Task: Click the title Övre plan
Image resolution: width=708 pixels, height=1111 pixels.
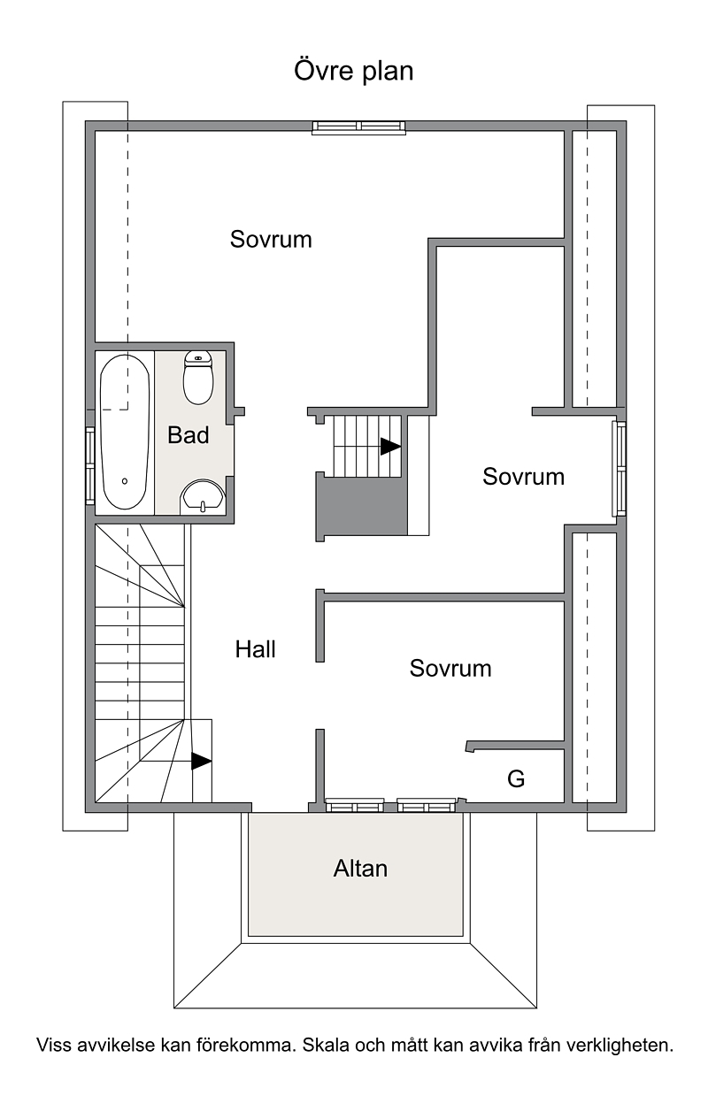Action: coord(353,72)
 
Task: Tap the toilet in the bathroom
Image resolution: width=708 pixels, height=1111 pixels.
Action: coord(198,378)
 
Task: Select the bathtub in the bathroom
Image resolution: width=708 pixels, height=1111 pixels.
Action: coord(125,432)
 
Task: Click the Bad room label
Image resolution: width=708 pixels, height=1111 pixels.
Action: coord(189,435)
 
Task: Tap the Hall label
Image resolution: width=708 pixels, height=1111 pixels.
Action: coord(255,649)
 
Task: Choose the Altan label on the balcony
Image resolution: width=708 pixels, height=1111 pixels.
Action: coord(360,869)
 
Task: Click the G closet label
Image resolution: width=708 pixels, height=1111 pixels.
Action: coord(516,779)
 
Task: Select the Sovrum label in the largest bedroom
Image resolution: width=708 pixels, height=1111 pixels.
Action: coord(271,239)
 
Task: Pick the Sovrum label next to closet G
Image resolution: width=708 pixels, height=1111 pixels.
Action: coord(450,668)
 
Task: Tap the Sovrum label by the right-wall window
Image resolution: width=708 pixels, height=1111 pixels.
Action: coord(523,477)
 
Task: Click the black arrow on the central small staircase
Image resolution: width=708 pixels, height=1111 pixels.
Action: coord(390,447)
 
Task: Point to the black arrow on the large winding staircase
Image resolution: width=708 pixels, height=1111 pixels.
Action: coord(202,761)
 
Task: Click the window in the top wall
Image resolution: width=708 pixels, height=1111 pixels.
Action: coord(358,127)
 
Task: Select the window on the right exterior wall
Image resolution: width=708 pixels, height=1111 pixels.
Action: coord(619,469)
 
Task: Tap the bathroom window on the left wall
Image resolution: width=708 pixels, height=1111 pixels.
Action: coord(89,466)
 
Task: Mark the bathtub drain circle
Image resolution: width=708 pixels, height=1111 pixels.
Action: coord(125,481)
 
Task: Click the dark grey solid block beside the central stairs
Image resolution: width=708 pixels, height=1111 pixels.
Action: coord(362,506)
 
